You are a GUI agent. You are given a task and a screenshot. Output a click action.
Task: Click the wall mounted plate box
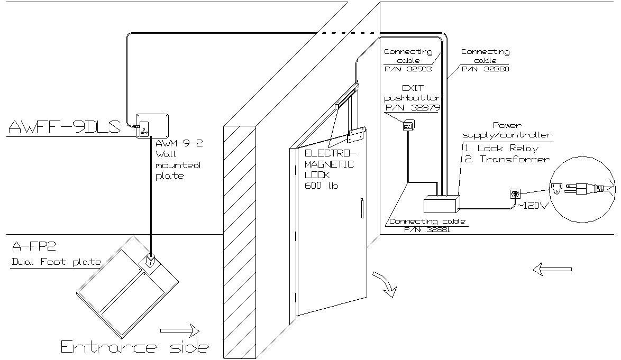(x=152, y=126)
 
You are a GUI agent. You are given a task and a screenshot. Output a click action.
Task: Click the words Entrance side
(x=135, y=347)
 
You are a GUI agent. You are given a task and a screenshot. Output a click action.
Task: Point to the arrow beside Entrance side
(x=179, y=331)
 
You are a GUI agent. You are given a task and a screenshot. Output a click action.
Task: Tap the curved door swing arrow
(x=385, y=284)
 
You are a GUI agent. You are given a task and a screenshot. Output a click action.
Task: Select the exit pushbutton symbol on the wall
(x=408, y=125)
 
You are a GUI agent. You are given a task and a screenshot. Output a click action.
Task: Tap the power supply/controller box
(x=442, y=204)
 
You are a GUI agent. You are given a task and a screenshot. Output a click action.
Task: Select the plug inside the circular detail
(x=582, y=188)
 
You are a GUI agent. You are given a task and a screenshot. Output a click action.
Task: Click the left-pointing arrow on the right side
(x=552, y=270)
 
